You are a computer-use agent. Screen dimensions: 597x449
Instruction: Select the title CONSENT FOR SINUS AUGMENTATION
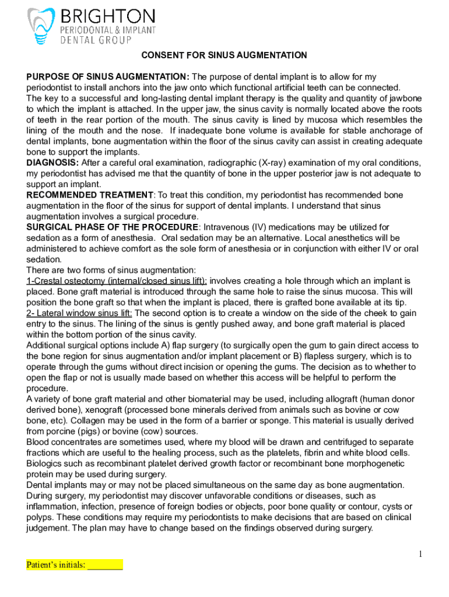click(x=224, y=55)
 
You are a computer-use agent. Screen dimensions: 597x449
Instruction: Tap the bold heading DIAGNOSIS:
click(x=52, y=162)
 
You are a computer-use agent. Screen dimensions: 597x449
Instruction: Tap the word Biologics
click(x=46, y=464)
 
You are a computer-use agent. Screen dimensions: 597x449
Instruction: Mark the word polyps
click(x=40, y=518)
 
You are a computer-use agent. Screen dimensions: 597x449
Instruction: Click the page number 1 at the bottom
click(x=419, y=554)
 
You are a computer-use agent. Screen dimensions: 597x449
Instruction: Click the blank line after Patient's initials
click(x=105, y=565)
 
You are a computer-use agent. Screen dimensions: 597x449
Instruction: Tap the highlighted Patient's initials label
click(x=56, y=564)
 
